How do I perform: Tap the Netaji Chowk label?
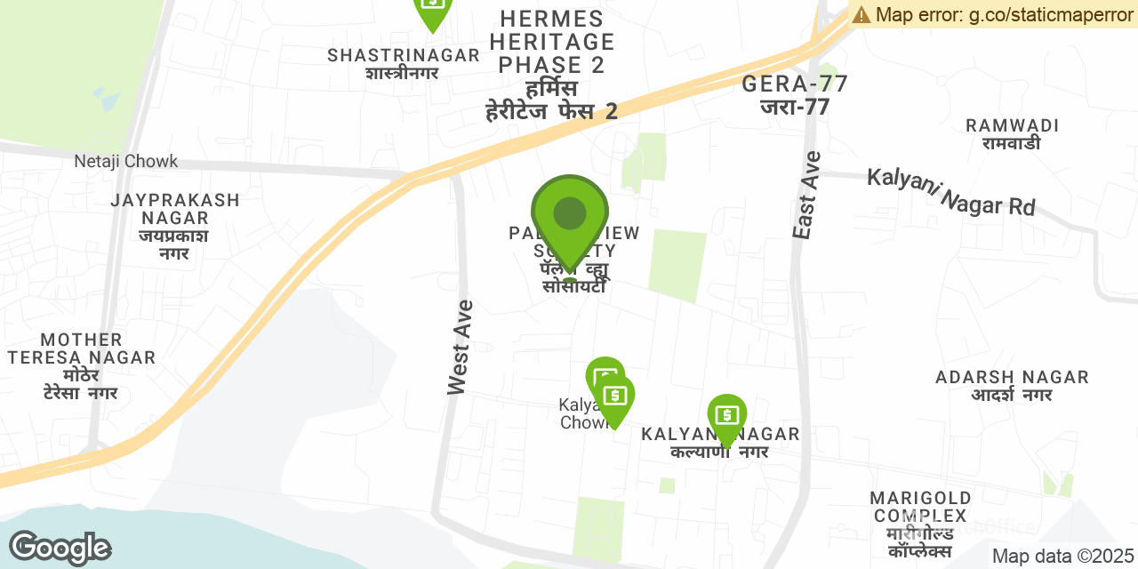[x=126, y=161]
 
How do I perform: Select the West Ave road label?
[x=460, y=348]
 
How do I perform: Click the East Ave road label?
[x=805, y=195]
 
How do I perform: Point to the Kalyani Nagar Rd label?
[x=951, y=192]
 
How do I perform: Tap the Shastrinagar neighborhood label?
[x=403, y=63]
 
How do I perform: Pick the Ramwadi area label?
[x=1012, y=133]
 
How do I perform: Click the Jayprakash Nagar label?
[x=175, y=226]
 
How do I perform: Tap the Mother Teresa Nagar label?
[x=82, y=365]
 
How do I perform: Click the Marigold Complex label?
[x=918, y=524]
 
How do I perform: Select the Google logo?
[x=60, y=548]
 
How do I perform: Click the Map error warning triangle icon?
[x=862, y=14]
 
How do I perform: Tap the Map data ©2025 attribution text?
[x=1062, y=557]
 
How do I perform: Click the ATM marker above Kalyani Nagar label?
[x=727, y=416]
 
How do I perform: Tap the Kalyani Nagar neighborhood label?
[x=720, y=442]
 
